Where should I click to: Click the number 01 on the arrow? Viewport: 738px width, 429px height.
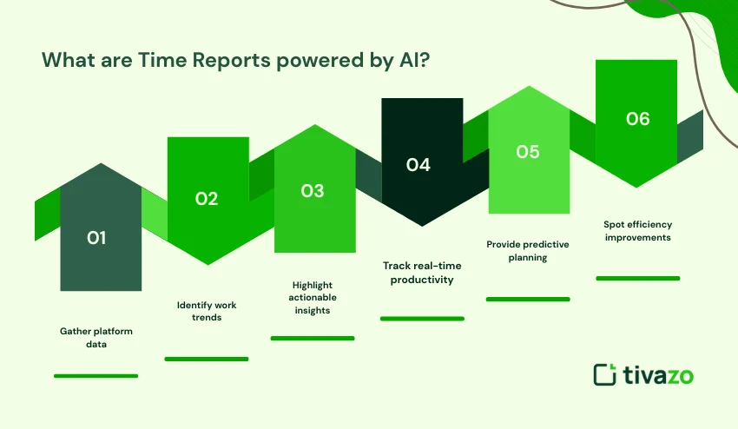click(96, 237)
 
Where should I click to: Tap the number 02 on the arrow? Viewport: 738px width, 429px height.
click(206, 199)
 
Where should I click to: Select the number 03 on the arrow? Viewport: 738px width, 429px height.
click(313, 191)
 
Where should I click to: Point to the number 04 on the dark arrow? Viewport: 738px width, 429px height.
click(418, 165)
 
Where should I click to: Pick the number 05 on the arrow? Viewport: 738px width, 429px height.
click(528, 152)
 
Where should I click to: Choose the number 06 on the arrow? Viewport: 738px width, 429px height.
click(637, 119)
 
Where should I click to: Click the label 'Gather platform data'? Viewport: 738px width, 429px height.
click(96, 338)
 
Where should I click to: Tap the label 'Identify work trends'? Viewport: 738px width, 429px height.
click(207, 311)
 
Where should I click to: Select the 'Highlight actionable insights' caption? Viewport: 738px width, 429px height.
click(313, 297)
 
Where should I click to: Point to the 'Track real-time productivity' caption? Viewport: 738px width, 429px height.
click(422, 273)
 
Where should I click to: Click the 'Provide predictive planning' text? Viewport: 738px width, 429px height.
click(528, 251)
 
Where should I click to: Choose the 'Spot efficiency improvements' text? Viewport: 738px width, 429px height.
click(638, 231)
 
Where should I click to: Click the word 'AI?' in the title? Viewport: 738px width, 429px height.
click(405, 61)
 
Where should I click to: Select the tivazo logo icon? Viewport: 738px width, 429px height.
click(604, 374)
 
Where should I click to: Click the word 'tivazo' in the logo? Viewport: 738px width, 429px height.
click(657, 375)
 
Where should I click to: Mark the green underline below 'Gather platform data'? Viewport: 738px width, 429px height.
click(96, 376)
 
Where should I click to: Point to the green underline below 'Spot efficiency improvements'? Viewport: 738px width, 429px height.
click(638, 279)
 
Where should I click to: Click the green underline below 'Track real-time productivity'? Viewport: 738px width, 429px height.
click(422, 319)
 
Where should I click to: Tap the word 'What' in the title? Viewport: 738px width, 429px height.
click(67, 61)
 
